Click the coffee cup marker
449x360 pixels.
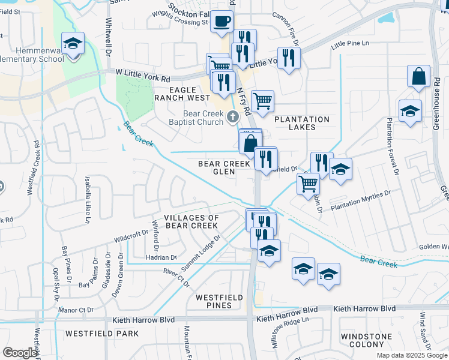click(x=222, y=22)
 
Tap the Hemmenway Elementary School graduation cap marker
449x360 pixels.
click(x=73, y=44)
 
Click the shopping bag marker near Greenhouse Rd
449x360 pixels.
click(x=418, y=77)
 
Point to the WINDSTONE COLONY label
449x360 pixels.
click(x=367, y=341)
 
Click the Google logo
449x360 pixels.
click(x=20, y=353)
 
